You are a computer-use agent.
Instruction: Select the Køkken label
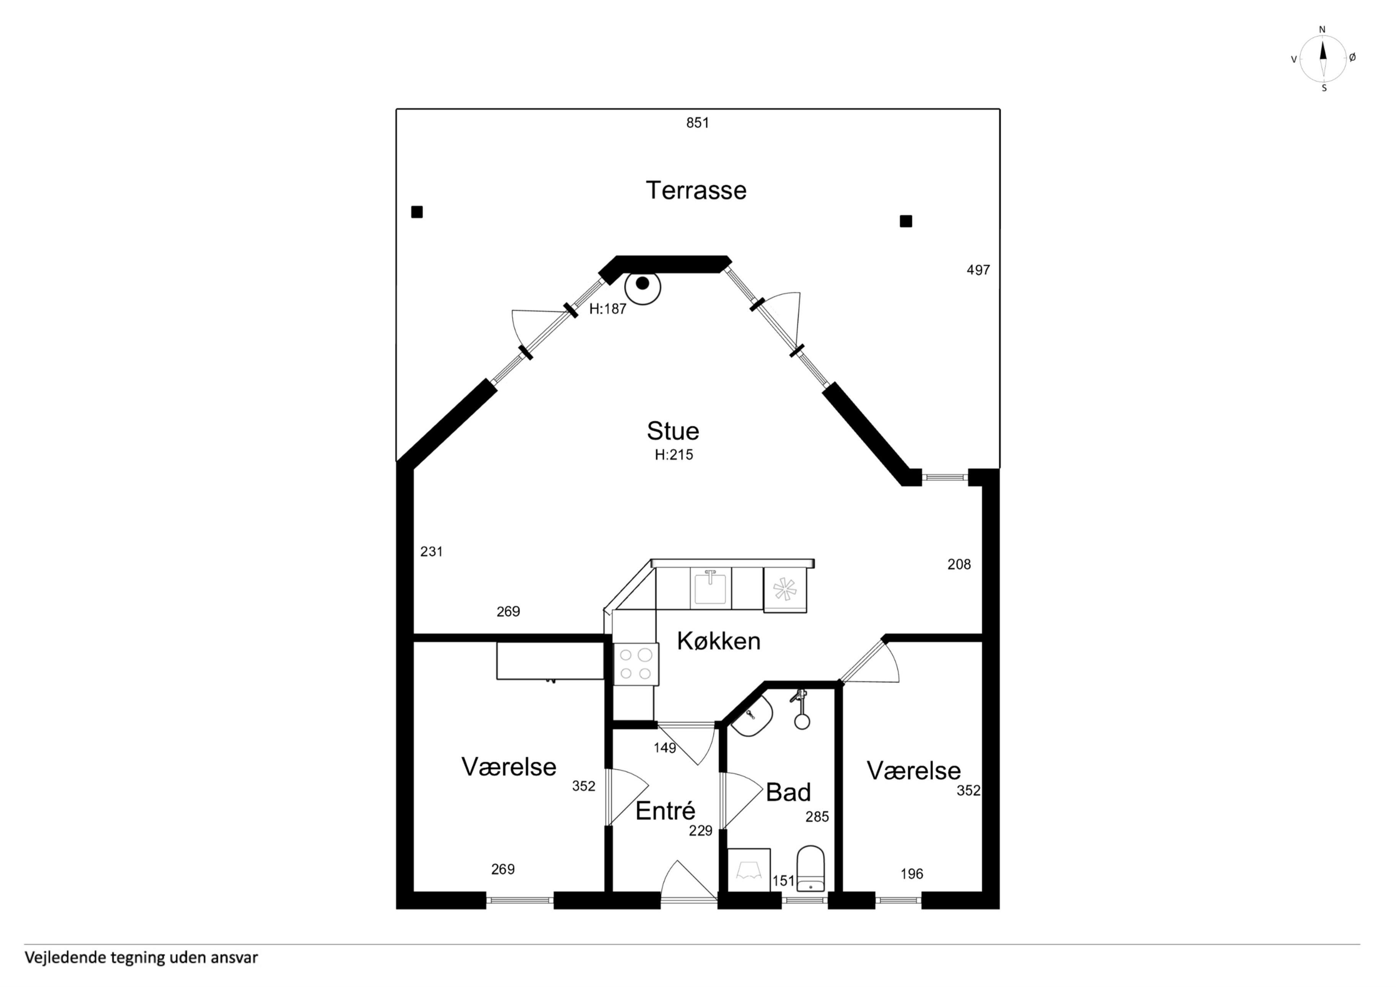[x=719, y=641]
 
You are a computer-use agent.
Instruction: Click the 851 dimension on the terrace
[x=697, y=123]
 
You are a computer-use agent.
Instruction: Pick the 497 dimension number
[x=978, y=270]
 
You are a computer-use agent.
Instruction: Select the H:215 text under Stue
[x=674, y=455]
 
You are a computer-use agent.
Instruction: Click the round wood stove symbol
[x=643, y=286]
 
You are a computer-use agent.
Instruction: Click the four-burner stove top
[x=636, y=664]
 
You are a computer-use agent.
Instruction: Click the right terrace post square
[x=906, y=221]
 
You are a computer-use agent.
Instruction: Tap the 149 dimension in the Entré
[x=665, y=748]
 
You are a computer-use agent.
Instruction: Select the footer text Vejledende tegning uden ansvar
[x=141, y=958]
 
